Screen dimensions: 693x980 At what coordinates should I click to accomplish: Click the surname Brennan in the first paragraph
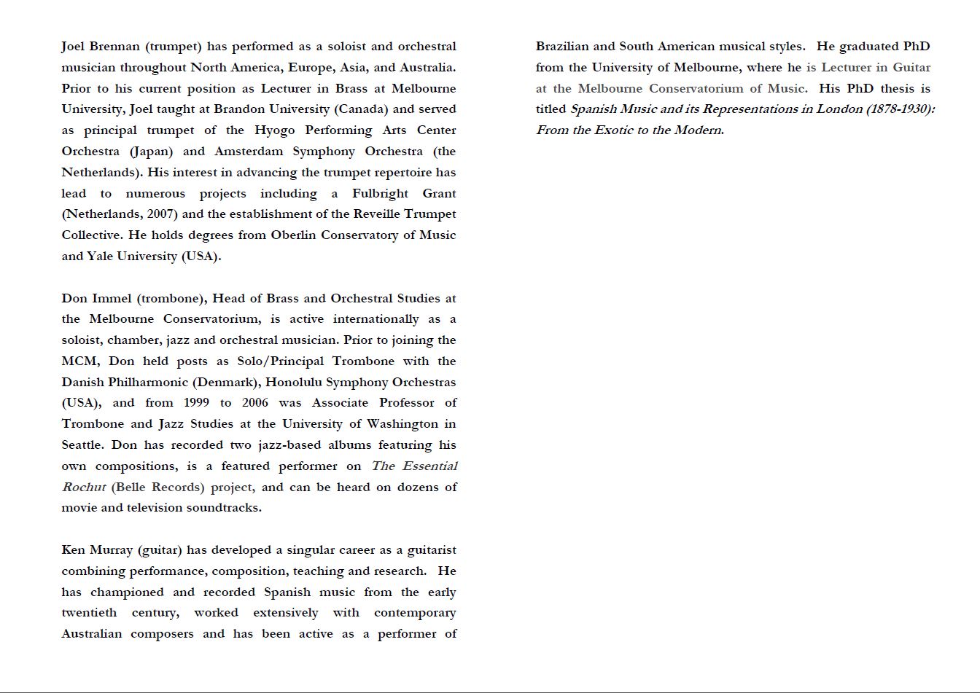point(114,47)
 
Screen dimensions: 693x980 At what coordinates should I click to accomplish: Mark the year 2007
point(160,214)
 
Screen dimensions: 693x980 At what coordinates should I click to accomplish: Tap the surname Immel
point(112,299)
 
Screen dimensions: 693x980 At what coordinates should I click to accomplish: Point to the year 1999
point(196,403)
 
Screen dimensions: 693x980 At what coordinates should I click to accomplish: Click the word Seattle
point(82,445)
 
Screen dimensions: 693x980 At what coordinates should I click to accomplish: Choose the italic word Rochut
point(84,488)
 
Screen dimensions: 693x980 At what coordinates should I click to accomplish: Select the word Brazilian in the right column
point(562,47)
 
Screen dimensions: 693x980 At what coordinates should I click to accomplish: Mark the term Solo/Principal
point(281,361)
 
